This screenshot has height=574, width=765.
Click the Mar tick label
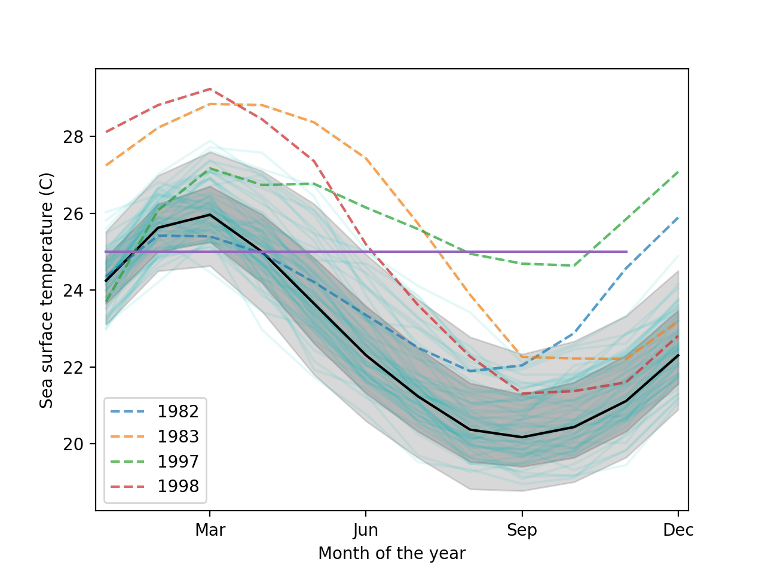[210, 530]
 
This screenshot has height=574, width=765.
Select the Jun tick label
[366, 530]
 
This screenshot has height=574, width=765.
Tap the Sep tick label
[522, 530]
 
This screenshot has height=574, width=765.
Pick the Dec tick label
[678, 530]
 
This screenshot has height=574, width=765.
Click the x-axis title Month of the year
[391, 554]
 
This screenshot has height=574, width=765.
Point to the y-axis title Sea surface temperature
[47, 290]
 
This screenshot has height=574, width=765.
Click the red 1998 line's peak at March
[210, 88]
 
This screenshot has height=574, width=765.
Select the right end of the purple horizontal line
[626, 252]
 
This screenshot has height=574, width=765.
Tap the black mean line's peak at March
[210, 214]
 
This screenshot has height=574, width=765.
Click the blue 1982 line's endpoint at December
[678, 218]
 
